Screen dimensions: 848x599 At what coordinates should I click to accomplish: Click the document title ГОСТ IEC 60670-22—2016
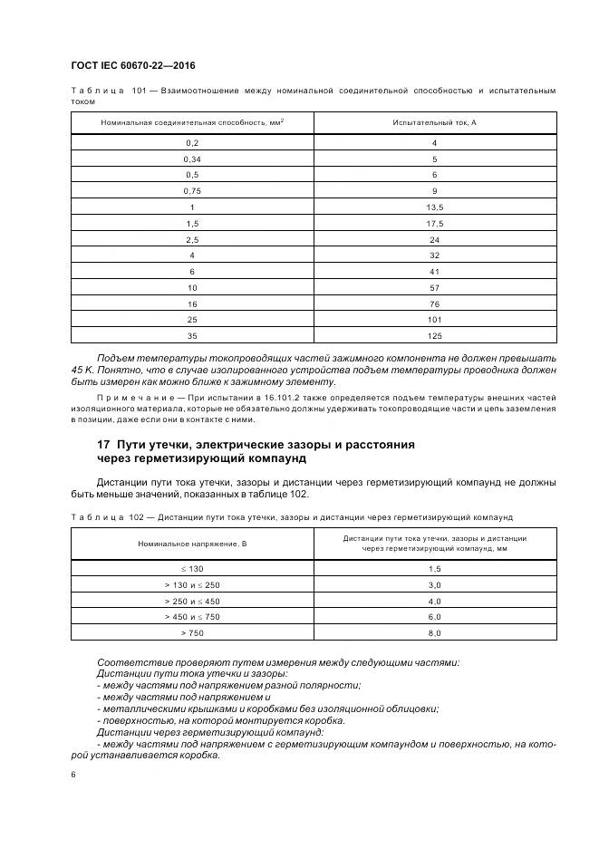point(132,66)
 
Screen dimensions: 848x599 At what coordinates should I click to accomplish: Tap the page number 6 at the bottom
point(73,774)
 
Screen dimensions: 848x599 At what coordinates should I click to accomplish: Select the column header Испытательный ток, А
point(434,121)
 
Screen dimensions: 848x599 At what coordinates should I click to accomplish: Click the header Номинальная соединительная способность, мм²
point(192,121)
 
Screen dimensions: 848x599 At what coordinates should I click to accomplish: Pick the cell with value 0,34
point(192,159)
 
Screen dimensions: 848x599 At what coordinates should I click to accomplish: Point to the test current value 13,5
point(434,207)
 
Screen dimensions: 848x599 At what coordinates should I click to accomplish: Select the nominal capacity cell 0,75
point(192,190)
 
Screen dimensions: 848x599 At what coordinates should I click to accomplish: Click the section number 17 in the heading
point(104,445)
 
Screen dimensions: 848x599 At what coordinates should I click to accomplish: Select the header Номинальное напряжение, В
point(192,543)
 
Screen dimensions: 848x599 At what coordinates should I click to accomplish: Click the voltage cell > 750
point(192,632)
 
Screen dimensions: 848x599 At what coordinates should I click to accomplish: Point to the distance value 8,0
point(434,632)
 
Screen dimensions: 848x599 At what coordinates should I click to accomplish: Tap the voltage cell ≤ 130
point(192,568)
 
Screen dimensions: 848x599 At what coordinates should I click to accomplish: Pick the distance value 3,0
point(434,584)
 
